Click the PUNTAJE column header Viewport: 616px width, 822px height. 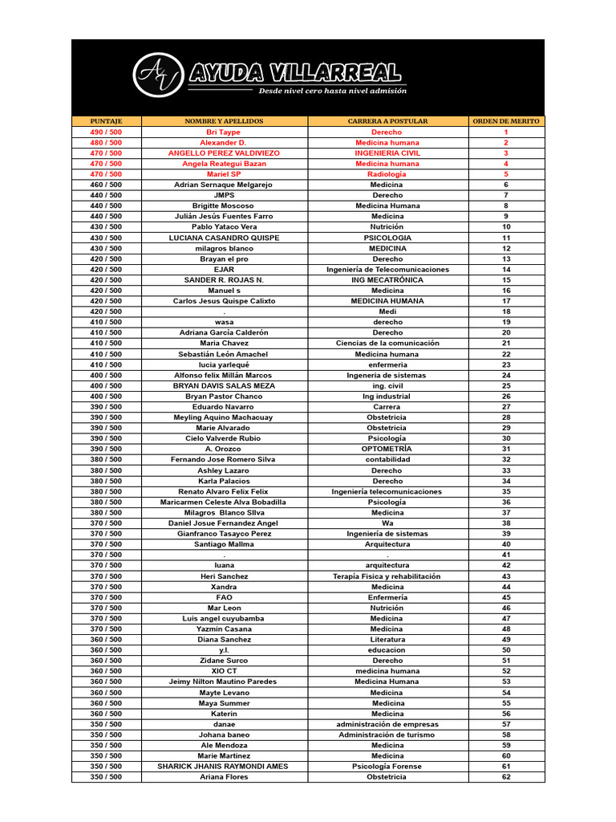(x=106, y=121)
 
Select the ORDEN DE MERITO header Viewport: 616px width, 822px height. (x=506, y=121)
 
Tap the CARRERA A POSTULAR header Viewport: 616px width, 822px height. (x=387, y=121)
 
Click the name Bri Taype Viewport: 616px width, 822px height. (x=224, y=132)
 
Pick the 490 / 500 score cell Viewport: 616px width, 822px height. (x=106, y=132)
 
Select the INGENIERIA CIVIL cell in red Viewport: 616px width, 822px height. (x=387, y=153)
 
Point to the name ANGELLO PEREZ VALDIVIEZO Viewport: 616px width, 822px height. (x=224, y=153)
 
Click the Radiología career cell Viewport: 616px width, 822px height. (x=387, y=174)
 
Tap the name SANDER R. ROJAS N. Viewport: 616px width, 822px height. (x=224, y=280)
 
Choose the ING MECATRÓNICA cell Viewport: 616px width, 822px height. (x=387, y=280)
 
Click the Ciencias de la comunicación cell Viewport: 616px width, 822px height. (x=387, y=343)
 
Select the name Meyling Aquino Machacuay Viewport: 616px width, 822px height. (x=224, y=417)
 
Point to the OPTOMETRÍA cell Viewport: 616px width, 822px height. (x=387, y=449)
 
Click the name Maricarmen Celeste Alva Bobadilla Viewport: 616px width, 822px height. (x=224, y=502)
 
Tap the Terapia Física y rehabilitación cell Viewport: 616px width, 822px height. (x=387, y=576)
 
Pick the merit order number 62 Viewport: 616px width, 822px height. (x=506, y=777)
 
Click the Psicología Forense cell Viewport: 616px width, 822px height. (x=387, y=767)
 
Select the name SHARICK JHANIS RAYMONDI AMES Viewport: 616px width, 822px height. (x=224, y=767)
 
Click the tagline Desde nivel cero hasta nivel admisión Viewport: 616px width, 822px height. (x=332, y=92)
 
